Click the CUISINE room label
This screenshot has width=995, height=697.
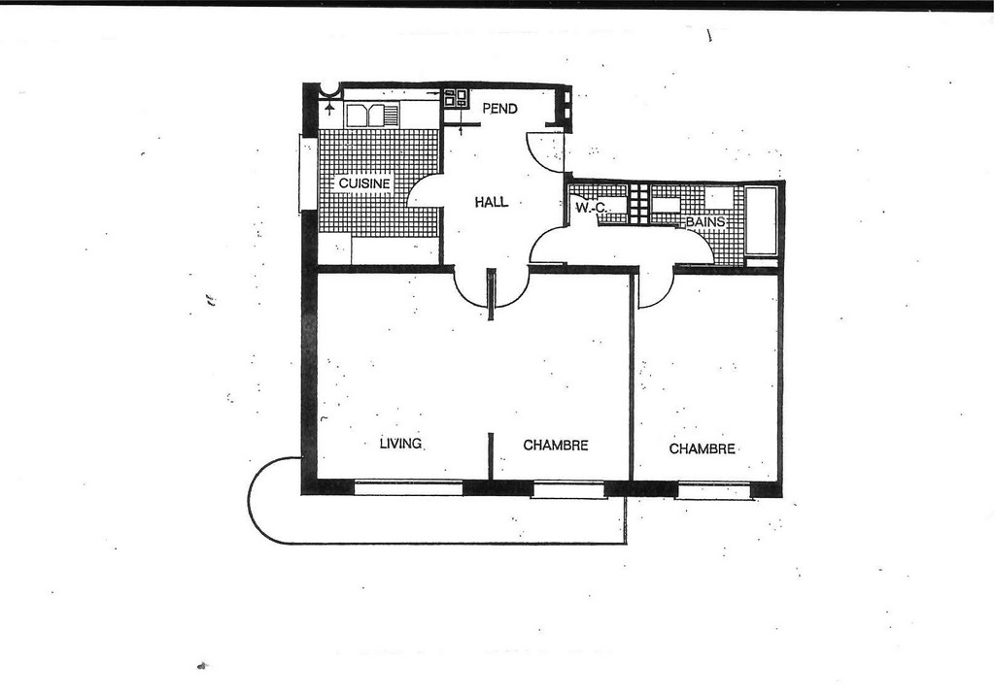tap(364, 183)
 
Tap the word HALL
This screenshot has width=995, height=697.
tap(492, 202)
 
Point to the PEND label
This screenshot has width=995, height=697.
tap(500, 109)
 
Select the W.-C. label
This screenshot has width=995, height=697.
tap(591, 208)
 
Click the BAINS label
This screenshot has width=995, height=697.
tap(705, 222)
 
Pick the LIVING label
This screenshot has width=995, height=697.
tap(400, 444)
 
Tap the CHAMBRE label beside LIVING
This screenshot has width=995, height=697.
tap(555, 446)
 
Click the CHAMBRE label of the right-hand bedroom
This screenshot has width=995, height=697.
tap(702, 449)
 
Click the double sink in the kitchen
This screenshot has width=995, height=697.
tap(371, 116)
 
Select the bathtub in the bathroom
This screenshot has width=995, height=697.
tap(761, 219)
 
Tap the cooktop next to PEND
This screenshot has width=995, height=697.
tap(455, 98)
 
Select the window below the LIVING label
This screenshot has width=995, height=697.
tap(407, 487)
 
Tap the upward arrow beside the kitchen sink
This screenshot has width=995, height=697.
tap(329, 109)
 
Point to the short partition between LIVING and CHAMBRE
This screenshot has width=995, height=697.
tap(491, 456)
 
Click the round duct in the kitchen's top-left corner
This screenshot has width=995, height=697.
tap(330, 90)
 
